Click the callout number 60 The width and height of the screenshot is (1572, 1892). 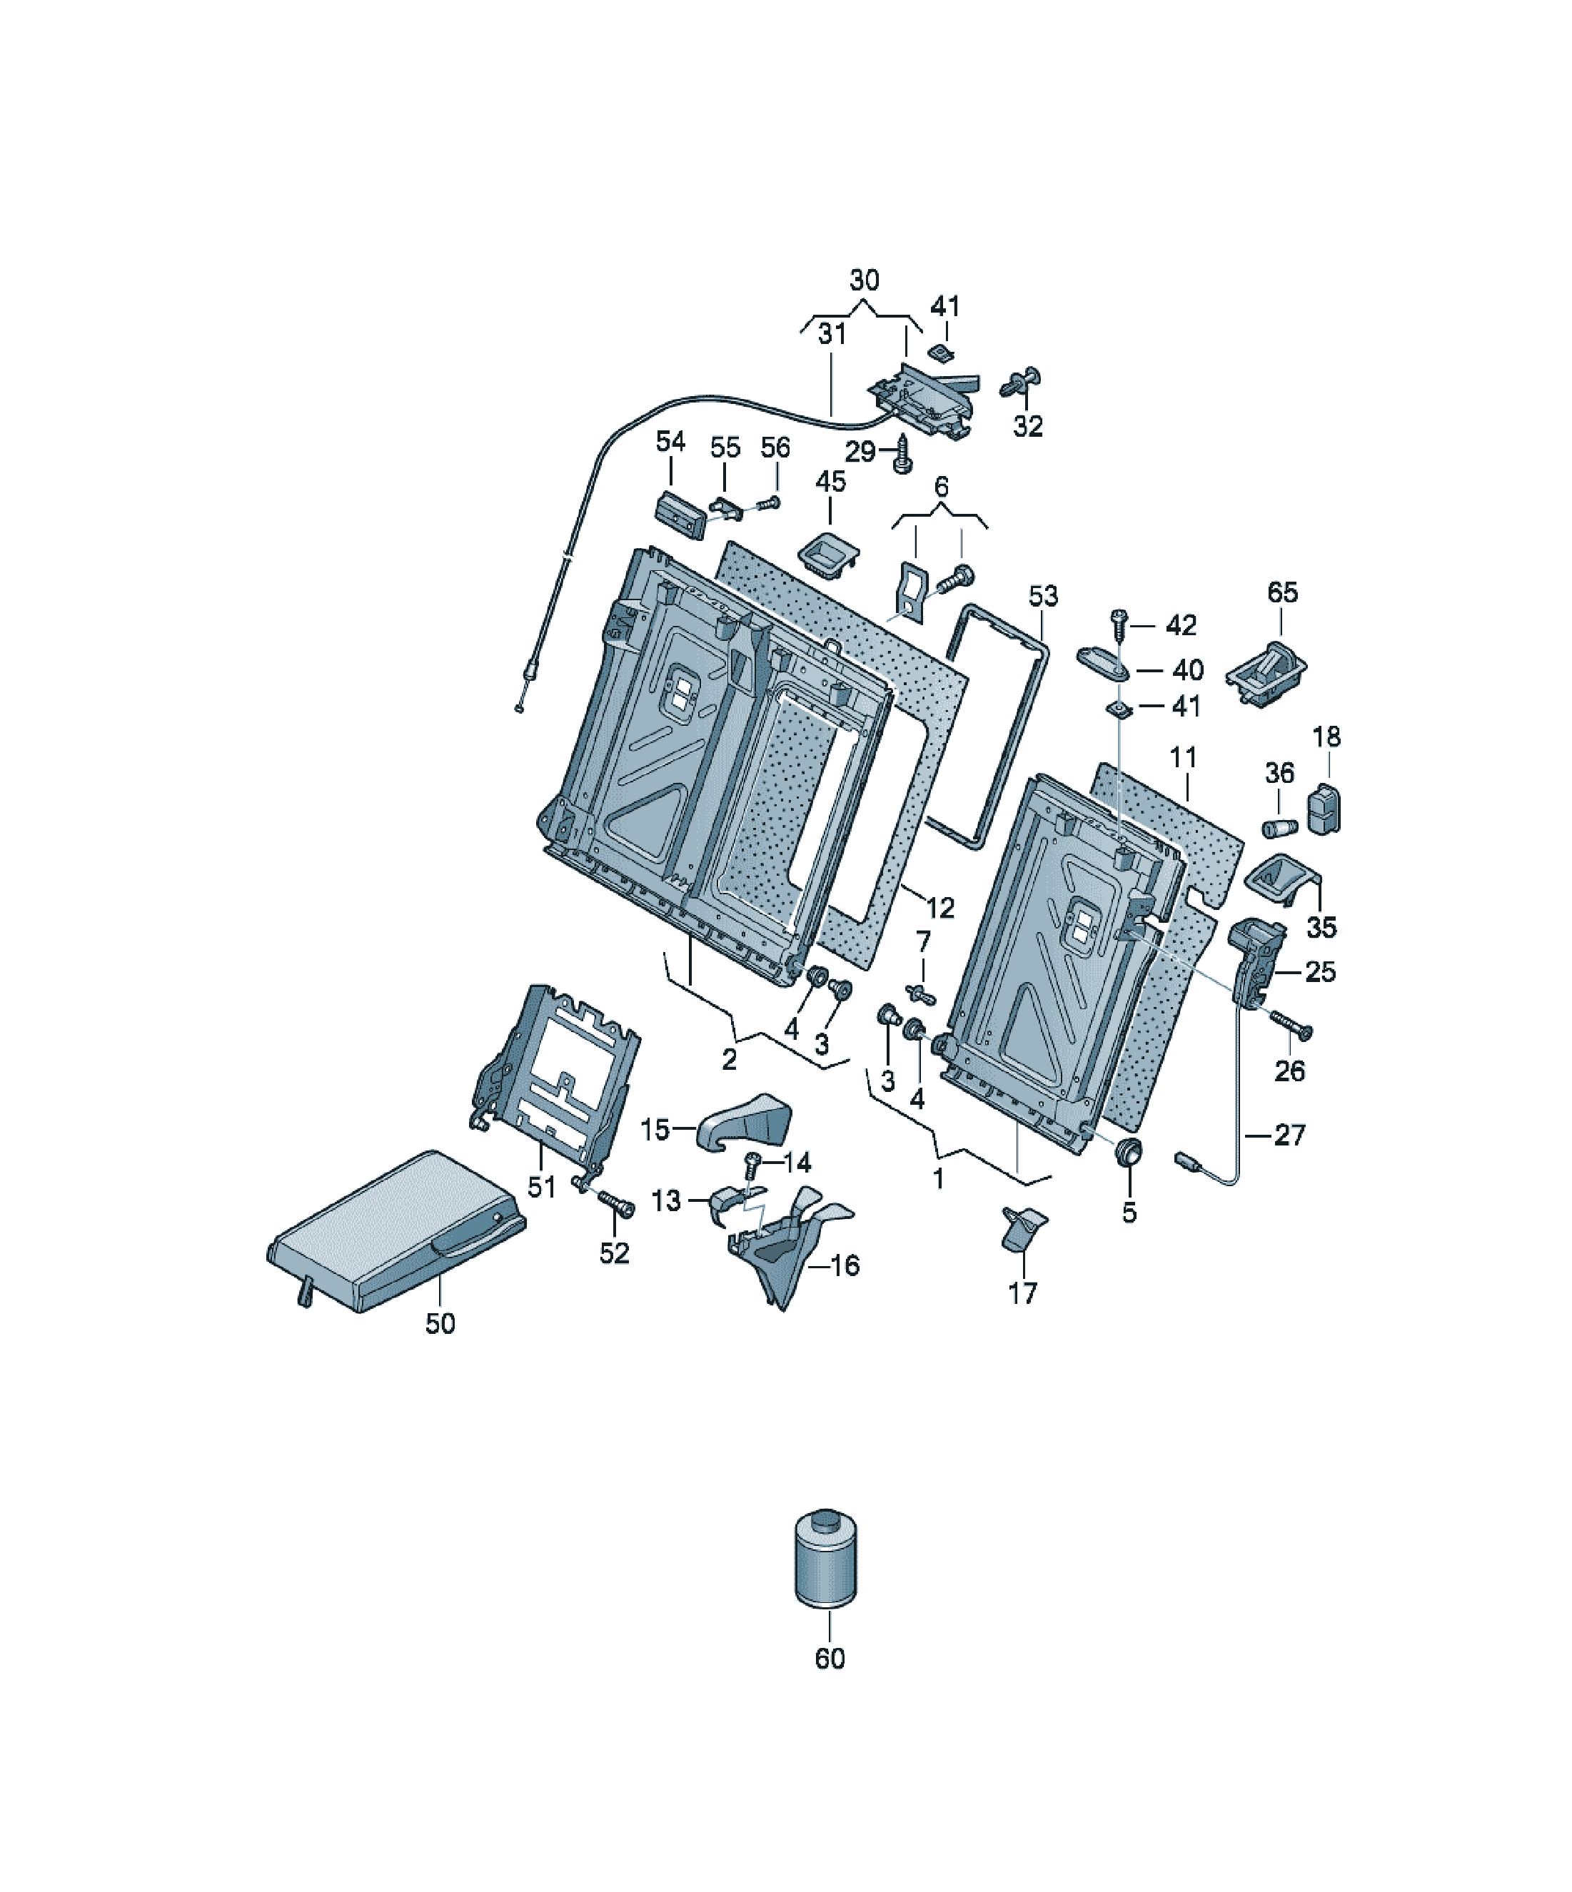830,1659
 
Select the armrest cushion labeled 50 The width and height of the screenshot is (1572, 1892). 397,1230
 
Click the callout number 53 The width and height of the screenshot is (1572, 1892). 1043,595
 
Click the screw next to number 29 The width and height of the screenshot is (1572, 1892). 902,455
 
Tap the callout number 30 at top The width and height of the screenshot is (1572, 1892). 864,280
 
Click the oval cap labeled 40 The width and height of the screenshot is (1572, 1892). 1103,664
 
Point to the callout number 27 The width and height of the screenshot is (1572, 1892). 1289,1134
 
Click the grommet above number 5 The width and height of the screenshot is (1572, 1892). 1129,1153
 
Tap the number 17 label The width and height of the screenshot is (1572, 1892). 1022,1294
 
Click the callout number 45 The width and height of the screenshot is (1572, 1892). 830,481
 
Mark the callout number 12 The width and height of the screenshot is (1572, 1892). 940,907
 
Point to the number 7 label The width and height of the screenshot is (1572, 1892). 923,942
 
